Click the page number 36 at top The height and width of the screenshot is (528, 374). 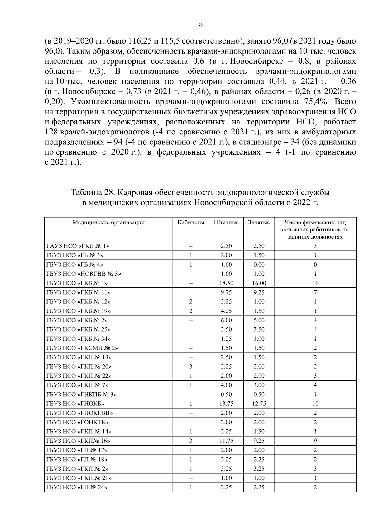click(200, 26)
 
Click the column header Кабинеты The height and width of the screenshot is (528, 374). click(191, 222)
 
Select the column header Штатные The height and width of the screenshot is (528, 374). click(226, 222)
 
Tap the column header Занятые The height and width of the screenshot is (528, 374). click(259, 222)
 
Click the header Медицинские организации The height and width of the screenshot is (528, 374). click(108, 222)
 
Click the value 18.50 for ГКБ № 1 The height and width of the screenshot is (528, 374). click(226, 283)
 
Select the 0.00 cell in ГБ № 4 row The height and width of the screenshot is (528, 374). click(259, 265)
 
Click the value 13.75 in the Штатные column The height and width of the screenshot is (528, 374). click(226, 404)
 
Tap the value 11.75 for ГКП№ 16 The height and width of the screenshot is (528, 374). click(226, 441)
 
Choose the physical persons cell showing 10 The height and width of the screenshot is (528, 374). click(315, 404)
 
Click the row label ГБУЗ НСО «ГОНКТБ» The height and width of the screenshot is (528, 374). click(77, 423)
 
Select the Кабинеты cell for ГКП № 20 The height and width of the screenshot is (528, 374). click(191, 367)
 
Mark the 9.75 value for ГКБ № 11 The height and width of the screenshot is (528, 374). click(226, 292)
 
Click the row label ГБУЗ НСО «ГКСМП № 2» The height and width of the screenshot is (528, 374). click(82, 348)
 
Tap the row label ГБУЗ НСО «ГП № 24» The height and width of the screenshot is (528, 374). click(77, 488)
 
